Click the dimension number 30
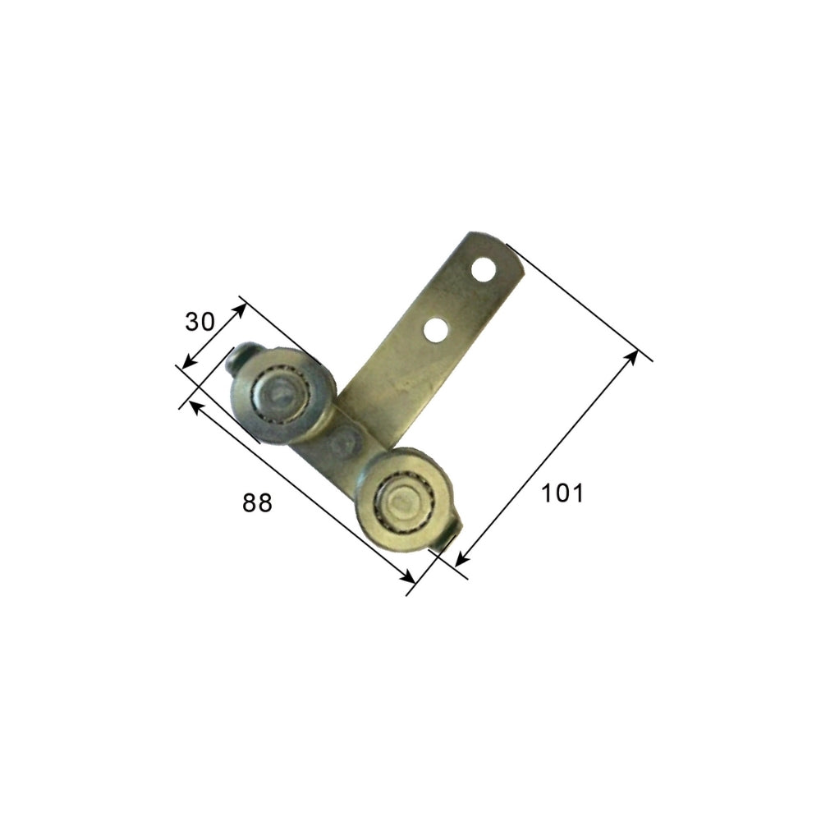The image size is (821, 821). coord(200,322)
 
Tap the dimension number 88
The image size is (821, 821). coord(257,502)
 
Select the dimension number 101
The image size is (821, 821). coord(562,493)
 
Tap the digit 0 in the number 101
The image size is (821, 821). coord(562,493)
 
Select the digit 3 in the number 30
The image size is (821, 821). coord(192,322)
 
